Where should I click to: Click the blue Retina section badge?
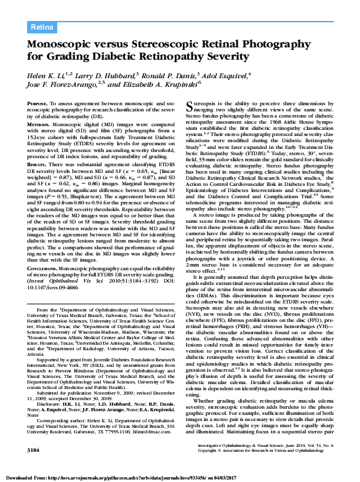(42, 26)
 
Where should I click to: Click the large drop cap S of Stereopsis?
(189, 106)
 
